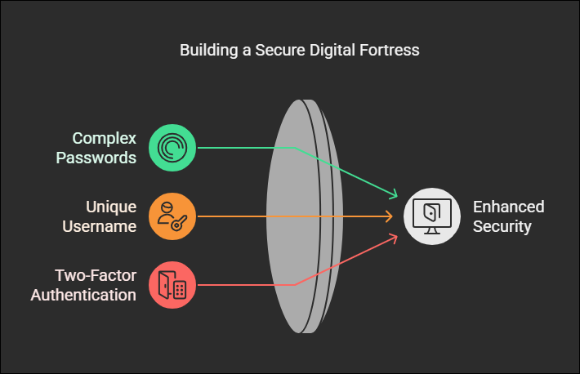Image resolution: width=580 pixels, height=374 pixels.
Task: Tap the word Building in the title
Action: (208, 51)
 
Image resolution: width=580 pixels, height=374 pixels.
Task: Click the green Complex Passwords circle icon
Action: (172, 148)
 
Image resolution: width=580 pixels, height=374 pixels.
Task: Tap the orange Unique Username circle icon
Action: (172, 216)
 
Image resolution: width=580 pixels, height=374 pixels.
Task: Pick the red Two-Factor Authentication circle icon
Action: (172, 285)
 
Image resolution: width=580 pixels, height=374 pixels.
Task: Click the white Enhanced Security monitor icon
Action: (432, 216)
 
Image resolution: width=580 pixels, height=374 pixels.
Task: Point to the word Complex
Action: (105, 139)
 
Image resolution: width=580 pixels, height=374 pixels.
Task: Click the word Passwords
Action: (96, 158)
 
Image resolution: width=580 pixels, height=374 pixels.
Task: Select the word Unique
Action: (111, 207)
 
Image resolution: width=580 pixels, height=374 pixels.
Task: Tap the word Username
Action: (100, 226)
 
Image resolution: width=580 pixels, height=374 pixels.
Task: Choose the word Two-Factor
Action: (96, 275)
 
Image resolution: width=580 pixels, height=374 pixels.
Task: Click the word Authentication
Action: (83, 296)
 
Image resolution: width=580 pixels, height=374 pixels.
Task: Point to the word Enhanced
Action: (509, 207)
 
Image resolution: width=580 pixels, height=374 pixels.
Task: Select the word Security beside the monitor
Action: (502, 227)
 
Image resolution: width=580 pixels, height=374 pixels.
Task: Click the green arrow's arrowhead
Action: (394, 194)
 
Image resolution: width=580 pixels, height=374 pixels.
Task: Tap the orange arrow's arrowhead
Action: (390, 216)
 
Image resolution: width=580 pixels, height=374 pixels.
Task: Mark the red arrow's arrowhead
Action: (394, 238)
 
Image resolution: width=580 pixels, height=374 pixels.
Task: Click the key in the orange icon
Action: (179, 223)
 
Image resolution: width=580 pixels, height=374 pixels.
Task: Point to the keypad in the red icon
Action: (180, 290)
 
